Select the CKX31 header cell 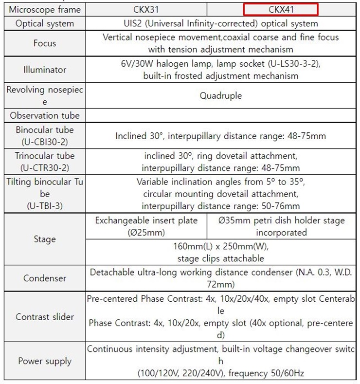[146, 10]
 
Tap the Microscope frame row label [45, 10]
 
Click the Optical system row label [45, 23]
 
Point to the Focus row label [45, 43]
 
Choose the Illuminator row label [45, 70]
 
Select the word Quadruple [220, 95]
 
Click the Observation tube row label [45, 116]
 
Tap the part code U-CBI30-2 [45, 142]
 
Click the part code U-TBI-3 [45, 205]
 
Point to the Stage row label [45, 239]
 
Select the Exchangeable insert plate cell [146, 226]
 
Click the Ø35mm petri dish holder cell [282, 226]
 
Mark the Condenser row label [45, 278]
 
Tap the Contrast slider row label [45, 317]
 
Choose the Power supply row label [45, 361]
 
